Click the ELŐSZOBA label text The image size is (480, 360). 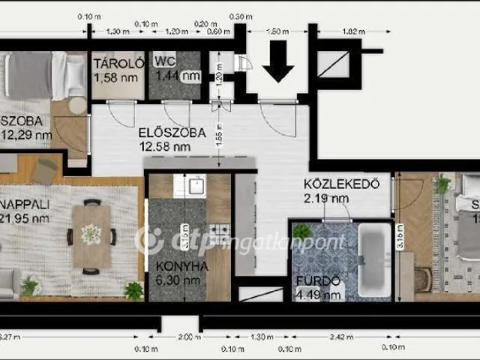pyautogui.click(x=172, y=133)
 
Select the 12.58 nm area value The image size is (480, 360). pyautogui.click(x=169, y=147)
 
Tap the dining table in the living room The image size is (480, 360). pyautogui.click(x=91, y=235)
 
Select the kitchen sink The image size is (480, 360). pyautogui.click(x=196, y=186)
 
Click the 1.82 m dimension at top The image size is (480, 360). pyautogui.click(x=350, y=31)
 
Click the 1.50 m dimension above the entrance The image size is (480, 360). pyautogui.click(x=278, y=31)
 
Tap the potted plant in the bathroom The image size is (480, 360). pyautogui.click(x=302, y=232)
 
